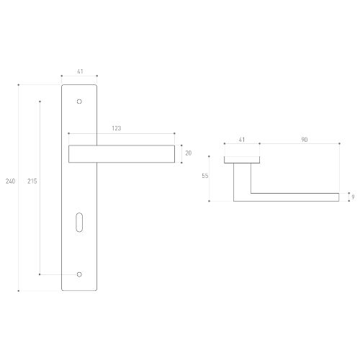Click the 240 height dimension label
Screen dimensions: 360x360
[10, 181]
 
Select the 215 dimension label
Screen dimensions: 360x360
[32, 181]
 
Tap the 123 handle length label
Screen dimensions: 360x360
[117, 128]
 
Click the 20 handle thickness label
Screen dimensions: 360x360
[189, 153]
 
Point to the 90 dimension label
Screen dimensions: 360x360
[305, 140]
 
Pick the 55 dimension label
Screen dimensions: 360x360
[205, 176]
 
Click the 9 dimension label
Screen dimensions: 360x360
[353, 197]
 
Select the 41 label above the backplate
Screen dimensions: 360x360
[80, 71]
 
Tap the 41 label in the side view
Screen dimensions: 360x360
[241, 140]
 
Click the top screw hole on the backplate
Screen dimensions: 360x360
[79, 102]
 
